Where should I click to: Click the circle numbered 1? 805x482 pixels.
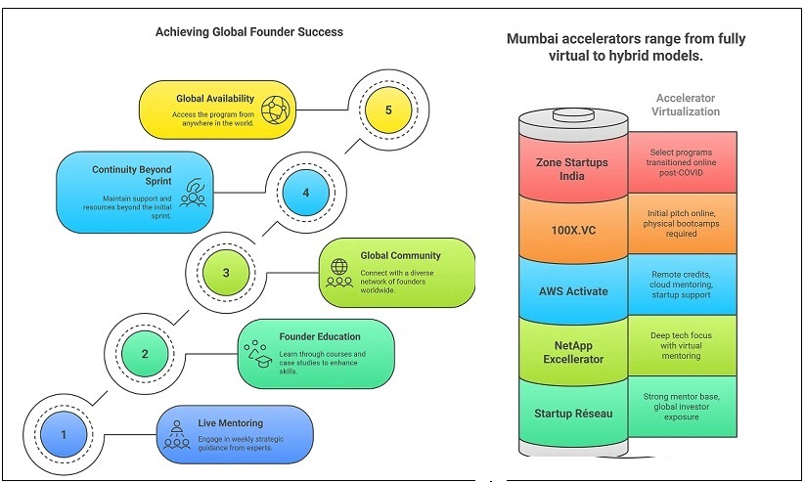point(64,434)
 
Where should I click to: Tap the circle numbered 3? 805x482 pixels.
point(226,273)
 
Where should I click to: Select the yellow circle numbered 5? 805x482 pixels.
point(388,110)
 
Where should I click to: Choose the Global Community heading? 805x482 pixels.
point(400,256)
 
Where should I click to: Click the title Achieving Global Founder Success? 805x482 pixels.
point(249,32)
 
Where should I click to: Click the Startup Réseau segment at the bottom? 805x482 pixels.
point(573,414)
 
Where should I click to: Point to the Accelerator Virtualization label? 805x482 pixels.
point(686,105)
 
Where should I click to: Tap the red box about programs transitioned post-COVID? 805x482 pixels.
point(682,162)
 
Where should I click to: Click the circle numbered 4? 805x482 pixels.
point(307,193)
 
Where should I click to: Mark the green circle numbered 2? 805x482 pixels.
point(145,354)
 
